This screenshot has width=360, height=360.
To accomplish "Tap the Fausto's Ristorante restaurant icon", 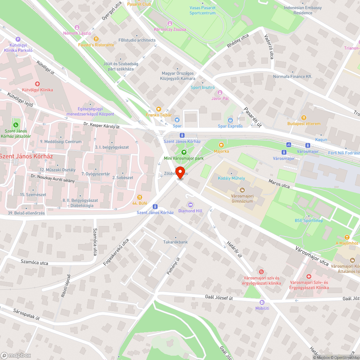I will (x=96, y=39).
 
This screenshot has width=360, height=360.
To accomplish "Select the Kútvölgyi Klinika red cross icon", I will (x=37, y=84).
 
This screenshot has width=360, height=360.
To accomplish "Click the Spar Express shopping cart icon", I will (x=230, y=120).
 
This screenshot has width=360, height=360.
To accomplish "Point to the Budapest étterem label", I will (x=303, y=123).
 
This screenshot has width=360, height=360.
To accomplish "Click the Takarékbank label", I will (x=175, y=242).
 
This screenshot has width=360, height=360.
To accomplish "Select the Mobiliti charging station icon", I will (x=262, y=302).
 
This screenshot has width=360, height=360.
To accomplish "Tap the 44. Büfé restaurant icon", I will (x=140, y=197).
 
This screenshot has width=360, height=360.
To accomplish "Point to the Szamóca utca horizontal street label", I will (x=34, y=262).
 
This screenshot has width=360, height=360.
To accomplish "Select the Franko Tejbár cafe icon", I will (x=158, y=109).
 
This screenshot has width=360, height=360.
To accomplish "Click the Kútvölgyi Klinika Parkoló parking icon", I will (x=18, y=39).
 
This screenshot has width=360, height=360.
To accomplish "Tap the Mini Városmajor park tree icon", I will (x=184, y=152).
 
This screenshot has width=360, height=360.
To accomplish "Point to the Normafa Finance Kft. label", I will (x=292, y=77).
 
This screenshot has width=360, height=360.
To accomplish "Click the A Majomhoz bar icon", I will (x=347, y=237).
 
